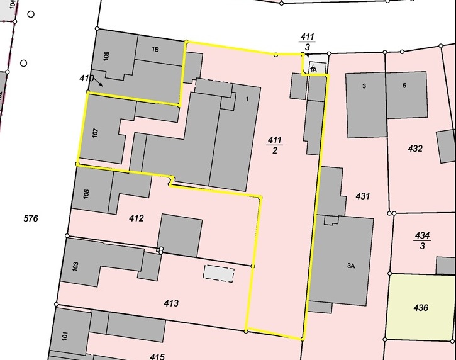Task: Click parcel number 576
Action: (31, 219)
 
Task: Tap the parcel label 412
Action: (136, 218)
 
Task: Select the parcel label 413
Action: (171, 303)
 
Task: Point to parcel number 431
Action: (362, 196)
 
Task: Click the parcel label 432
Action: (415, 149)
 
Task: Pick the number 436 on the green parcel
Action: (421, 308)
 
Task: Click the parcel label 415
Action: (157, 357)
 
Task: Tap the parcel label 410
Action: (86, 78)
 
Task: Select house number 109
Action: (107, 55)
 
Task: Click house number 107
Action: (96, 133)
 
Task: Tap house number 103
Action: (75, 266)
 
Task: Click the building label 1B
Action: (155, 50)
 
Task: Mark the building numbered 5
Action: (404, 86)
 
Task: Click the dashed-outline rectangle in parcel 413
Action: (218, 274)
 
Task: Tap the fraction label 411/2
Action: (275, 143)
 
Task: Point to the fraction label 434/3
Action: (422, 240)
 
